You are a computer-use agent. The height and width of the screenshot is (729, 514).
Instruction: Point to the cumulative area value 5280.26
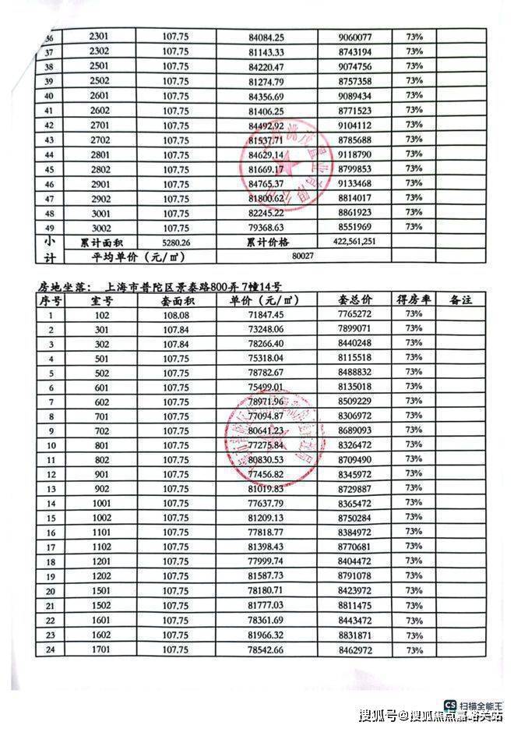click(x=176, y=242)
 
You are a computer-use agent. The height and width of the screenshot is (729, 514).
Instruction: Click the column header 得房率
click(x=414, y=300)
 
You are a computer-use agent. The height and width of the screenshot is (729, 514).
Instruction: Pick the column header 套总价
click(x=356, y=300)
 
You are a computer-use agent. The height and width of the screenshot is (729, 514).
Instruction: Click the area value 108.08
click(x=175, y=314)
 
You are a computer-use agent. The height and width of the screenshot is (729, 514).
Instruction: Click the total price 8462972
click(x=356, y=650)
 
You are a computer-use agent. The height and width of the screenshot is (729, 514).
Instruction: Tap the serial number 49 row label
click(x=29, y=227)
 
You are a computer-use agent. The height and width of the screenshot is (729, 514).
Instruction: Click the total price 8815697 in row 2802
click(x=356, y=169)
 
